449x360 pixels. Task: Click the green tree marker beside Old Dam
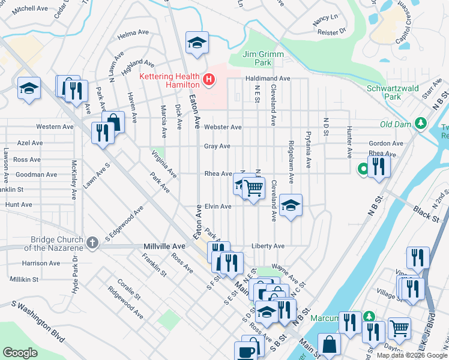(421, 124)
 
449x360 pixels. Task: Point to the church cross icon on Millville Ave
(91, 242)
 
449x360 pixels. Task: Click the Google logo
(20, 353)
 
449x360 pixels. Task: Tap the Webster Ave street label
(222, 127)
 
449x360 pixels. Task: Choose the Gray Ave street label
(217, 146)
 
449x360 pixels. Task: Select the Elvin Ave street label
(217, 206)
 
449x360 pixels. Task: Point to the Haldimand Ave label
(267, 79)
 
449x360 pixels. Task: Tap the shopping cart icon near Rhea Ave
(254, 188)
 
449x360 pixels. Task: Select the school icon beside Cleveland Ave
(291, 206)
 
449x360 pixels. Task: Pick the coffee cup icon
(246, 352)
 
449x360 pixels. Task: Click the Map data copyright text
(411, 355)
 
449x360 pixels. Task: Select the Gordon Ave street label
(386, 143)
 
